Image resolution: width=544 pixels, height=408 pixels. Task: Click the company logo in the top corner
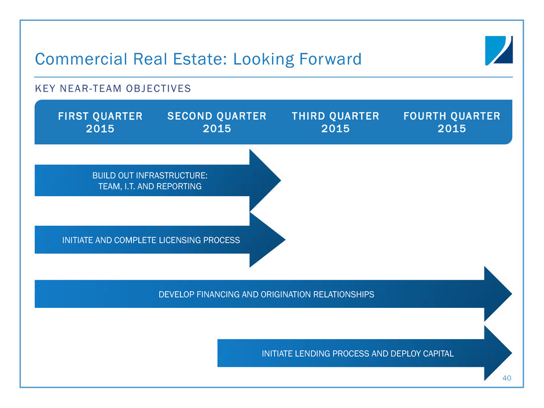pos(498,50)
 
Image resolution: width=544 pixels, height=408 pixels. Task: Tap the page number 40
pos(506,378)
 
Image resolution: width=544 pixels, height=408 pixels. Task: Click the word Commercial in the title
pos(81,59)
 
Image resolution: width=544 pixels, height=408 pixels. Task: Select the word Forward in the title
pos(330,59)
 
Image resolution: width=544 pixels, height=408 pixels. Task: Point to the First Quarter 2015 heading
pos(100,122)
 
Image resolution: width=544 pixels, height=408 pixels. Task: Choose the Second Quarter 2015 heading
pos(217,122)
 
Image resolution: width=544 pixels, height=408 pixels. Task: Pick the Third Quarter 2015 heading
pos(336,122)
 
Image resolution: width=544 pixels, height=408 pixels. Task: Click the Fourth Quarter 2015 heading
pos(452,122)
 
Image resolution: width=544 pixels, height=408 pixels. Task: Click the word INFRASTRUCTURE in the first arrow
pos(172,175)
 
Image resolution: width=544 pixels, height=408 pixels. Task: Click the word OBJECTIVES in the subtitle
pos(158,89)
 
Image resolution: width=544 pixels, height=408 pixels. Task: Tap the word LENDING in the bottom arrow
pos(313,354)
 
